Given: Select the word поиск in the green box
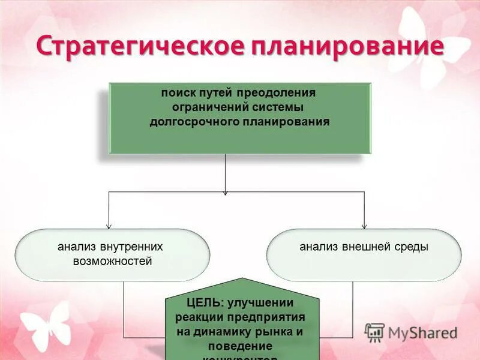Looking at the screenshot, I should click(x=177, y=93).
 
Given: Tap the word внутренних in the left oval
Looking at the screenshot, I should click(x=131, y=247).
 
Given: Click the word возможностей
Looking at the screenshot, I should click(x=112, y=261).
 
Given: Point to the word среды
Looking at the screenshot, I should click(x=412, y=247).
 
